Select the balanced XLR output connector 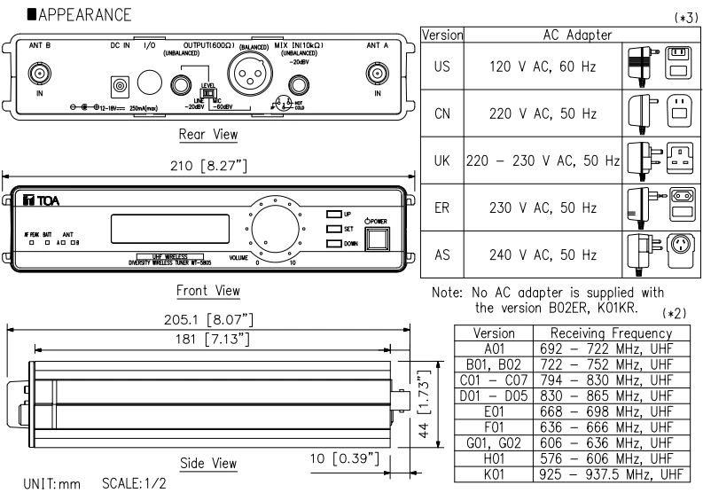[248, 68]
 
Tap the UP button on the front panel [333, 215]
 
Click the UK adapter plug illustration [642, 160]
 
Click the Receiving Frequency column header [607, 331]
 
